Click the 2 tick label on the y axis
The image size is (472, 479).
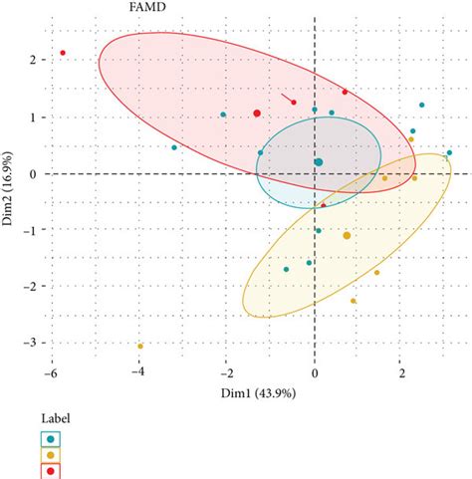point(32,61)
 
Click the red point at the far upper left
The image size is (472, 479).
point(62,53)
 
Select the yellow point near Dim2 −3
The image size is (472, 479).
point(140,347)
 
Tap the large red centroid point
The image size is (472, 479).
point(257,114)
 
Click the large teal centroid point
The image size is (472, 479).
point(319,162)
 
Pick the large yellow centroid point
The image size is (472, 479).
point(347,236)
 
